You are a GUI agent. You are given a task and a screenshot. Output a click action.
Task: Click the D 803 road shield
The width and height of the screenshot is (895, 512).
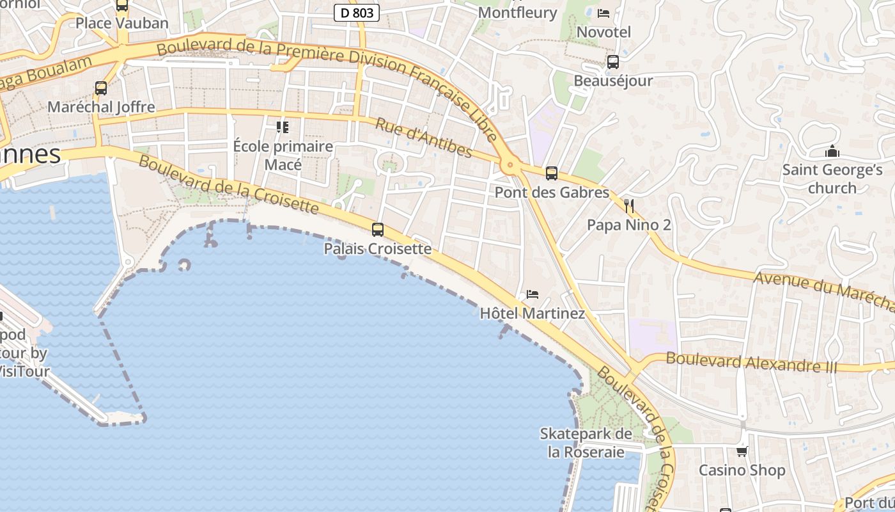click(357, 12)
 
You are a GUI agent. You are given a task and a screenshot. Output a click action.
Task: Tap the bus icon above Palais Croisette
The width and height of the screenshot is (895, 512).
click(378, 230)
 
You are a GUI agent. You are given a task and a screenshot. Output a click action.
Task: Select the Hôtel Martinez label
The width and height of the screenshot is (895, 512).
click(532, 314)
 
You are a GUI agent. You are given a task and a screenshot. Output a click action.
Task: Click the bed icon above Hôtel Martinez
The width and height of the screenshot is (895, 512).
click(533, 294)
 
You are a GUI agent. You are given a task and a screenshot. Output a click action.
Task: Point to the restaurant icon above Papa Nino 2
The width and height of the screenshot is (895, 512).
click(629, 205)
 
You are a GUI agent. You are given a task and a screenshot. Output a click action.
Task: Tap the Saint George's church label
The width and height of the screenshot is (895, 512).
click(832, 179)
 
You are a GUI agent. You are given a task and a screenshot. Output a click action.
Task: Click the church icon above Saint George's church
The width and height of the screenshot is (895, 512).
click(832, 152)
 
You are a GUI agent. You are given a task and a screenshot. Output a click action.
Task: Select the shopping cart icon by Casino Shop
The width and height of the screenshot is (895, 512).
click(742, 451)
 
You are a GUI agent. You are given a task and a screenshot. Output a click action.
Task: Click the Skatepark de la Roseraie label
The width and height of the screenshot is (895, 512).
click(586, 443)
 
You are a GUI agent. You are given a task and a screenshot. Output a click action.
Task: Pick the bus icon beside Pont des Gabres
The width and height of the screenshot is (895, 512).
click(551, 173)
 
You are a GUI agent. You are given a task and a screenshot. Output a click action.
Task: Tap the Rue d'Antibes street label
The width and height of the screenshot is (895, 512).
click(423, 138)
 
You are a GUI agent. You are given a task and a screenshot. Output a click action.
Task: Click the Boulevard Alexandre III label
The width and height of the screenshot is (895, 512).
click(751, 362)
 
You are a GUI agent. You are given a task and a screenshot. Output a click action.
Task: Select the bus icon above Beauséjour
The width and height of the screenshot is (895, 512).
click(612, 62)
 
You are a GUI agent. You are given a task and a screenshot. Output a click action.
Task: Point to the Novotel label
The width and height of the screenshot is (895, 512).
click(603, 32)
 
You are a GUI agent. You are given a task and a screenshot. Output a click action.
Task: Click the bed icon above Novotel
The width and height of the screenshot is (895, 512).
click(603, 13)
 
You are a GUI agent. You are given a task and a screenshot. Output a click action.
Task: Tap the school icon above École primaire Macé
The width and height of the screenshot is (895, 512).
click(282, 127)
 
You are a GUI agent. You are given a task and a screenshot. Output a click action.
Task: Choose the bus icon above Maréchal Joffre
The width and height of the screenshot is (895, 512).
click(101, 88)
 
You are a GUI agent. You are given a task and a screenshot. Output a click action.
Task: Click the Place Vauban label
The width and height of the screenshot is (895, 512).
click(122, 23)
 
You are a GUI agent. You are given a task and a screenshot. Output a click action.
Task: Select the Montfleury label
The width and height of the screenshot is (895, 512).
click(517, 12)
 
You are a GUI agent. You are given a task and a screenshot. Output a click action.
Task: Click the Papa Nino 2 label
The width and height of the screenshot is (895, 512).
click(629, 225)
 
